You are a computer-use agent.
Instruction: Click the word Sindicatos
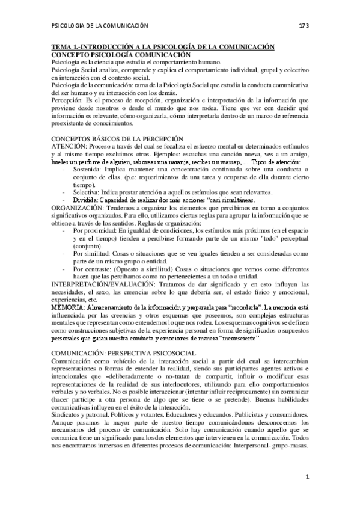[x=67, y=415]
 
